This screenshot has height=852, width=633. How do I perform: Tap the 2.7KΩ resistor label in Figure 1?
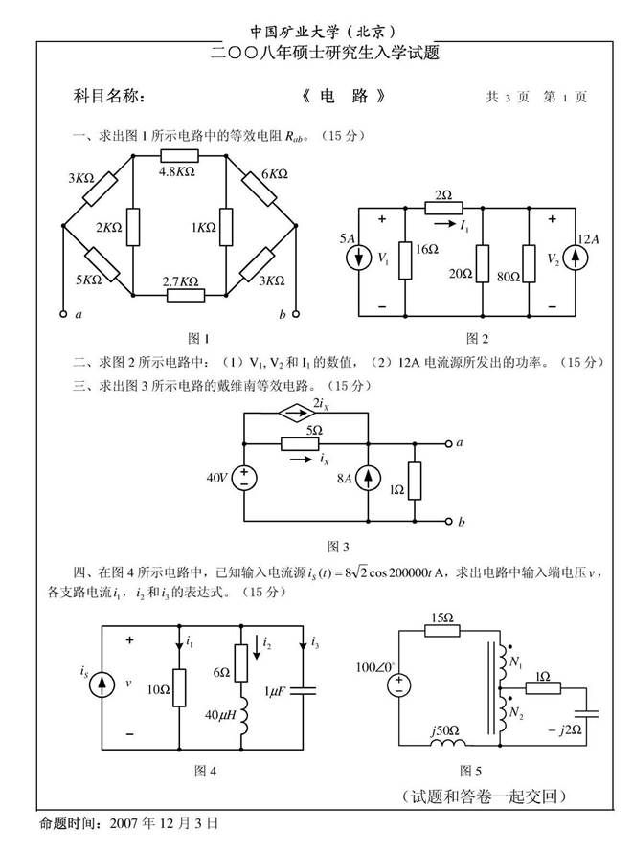click(181, 280)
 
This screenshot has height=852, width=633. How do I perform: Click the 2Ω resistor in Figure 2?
click(443, 207)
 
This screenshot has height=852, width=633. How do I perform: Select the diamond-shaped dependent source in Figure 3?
click(291, 413)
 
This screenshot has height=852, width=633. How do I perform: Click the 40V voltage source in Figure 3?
click(245, 478)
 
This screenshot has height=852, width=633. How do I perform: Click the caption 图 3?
click(338, 546)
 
